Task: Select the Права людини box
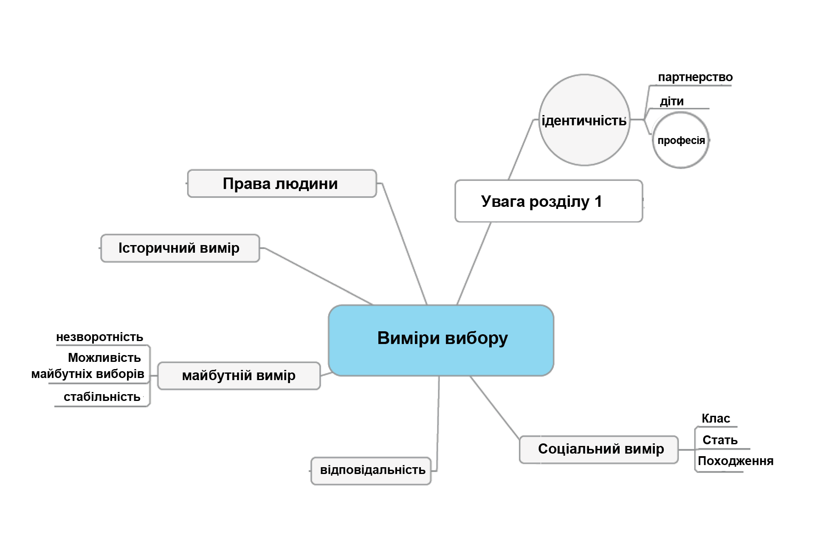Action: (282, 183)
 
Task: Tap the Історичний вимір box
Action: (180, 248)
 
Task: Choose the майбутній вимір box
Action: (239, 375)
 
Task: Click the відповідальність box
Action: (372, 470)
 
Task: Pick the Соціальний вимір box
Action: (599, 449)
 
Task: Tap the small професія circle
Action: (681, 141)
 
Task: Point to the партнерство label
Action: (695, 77)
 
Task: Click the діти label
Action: (671, 102)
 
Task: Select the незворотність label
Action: (99, 337)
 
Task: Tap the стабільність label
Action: (102, 397)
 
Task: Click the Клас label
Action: (716, 419)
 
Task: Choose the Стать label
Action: (720, 440)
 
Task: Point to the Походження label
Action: (735, 461)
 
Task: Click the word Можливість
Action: (104, 358)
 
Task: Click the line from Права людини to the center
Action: (404, 244)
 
